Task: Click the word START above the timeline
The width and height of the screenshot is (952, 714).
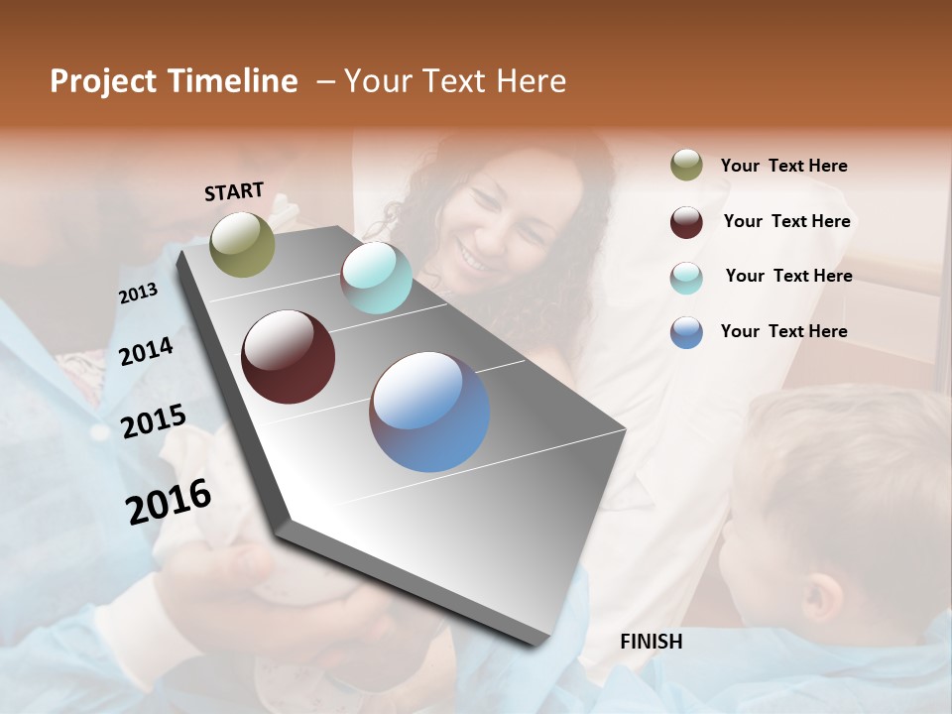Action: click(x=234, y=191)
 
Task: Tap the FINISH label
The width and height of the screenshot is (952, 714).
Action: click(x=652, y=642)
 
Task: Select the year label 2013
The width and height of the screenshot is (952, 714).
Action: click(x=138, y=294)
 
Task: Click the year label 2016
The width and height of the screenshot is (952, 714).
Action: click(x=169, y=501)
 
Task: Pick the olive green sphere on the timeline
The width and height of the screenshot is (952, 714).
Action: click(x=243, y=245)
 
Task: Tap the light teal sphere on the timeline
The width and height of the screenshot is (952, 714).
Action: click(x=376, y=278)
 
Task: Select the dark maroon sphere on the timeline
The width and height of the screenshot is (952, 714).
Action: click(x=288, y=357)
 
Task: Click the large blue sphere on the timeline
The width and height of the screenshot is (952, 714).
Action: click(x=429, y=412)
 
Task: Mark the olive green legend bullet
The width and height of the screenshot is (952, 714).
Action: click(x=686, y=166)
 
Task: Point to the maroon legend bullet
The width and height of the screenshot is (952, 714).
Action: click(x=686, y=222)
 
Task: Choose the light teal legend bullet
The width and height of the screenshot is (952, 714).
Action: click(x=686, y=278)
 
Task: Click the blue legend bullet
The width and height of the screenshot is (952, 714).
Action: click(x=686, y=332)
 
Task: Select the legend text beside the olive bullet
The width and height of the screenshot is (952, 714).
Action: click(x=783, y=167)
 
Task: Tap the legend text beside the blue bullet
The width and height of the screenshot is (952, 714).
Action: click(x=783, y=331)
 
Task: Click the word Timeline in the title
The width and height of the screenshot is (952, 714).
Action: click(x=234, y=81)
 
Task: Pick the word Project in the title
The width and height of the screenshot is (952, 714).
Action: click(x=103, y=82)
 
